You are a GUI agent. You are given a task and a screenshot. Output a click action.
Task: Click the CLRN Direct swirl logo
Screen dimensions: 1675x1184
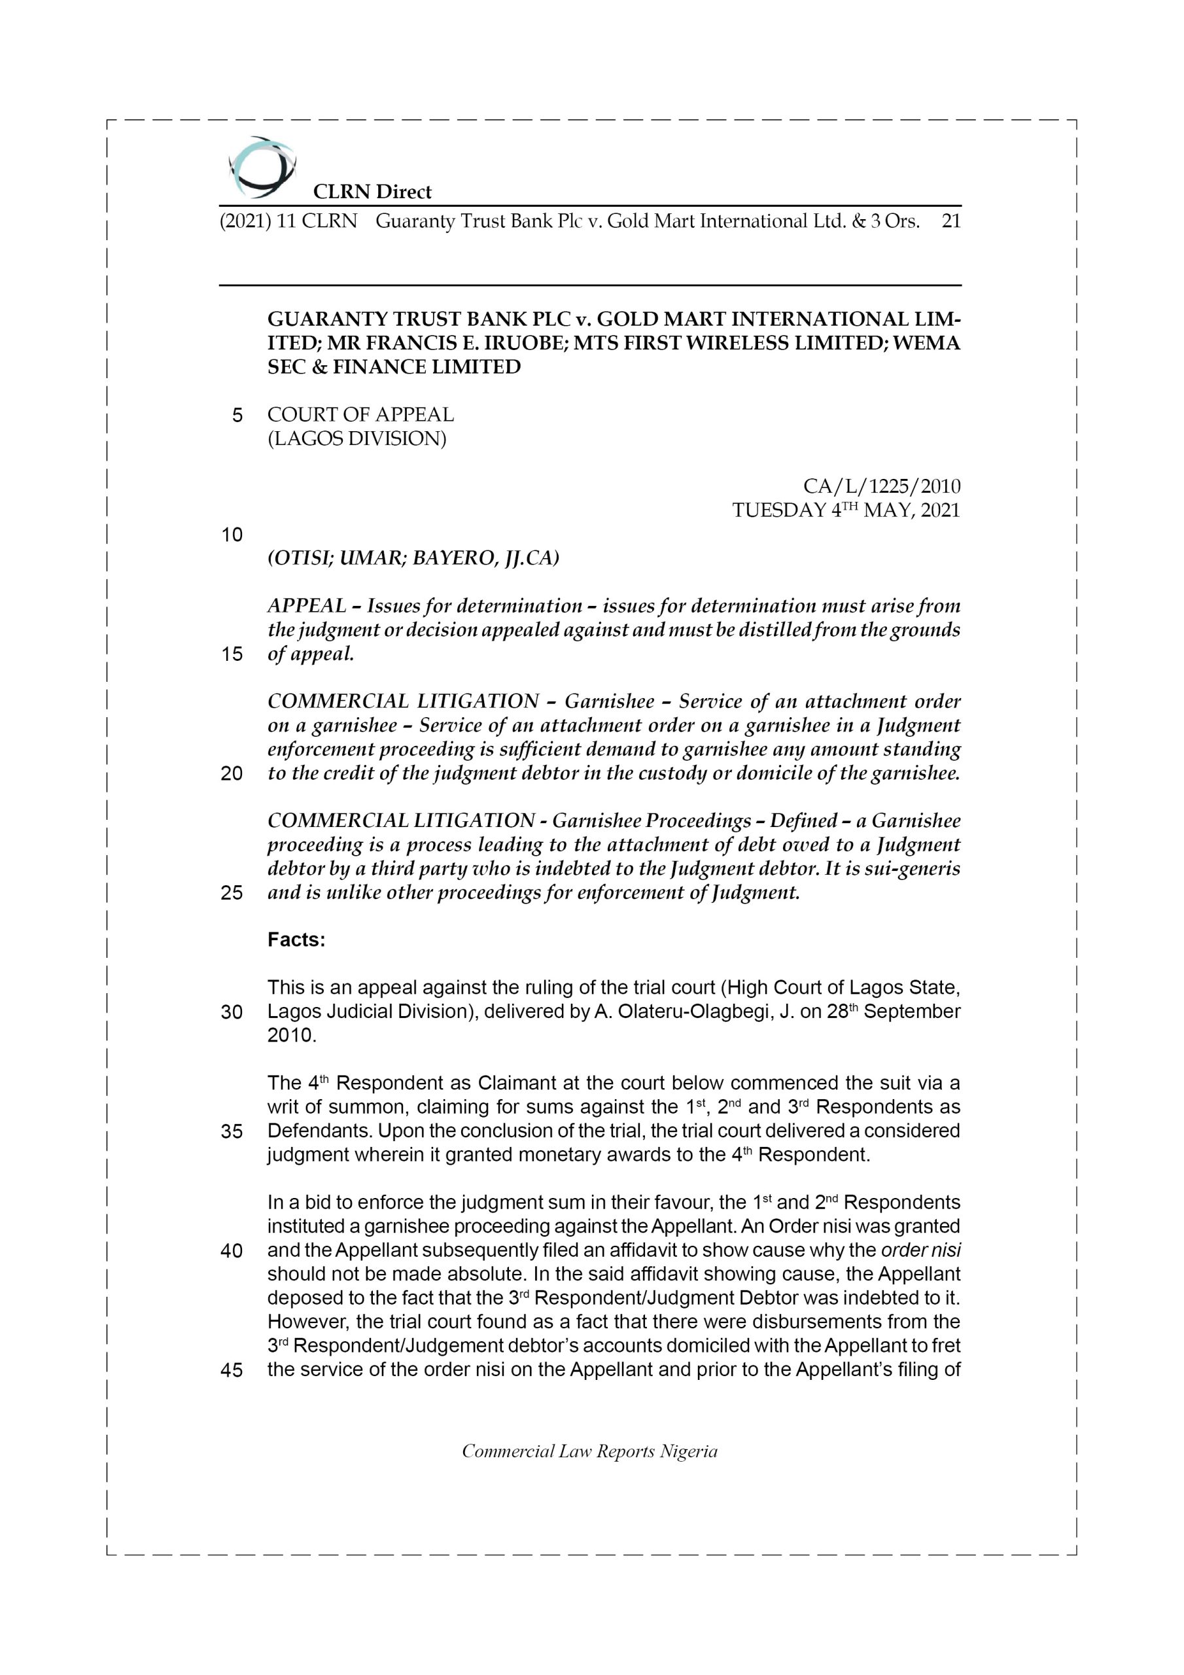tap(262, 167)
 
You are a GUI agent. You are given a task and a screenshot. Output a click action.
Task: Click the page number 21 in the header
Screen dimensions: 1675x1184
tap(950, 221)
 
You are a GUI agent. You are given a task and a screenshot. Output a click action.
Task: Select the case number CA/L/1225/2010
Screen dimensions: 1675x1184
tap(881, 486)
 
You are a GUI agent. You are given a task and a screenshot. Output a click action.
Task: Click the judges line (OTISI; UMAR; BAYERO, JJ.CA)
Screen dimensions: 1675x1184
tap(413, 558)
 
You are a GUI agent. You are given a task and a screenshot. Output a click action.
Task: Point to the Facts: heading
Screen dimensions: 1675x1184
tap(296, 940)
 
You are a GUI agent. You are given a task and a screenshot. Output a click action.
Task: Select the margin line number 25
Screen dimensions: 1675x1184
tap(232, 893)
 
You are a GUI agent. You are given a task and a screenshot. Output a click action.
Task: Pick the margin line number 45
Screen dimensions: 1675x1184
tap(232, 1370)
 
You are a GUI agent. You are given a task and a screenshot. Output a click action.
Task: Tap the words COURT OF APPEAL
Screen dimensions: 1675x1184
tap(360, 414)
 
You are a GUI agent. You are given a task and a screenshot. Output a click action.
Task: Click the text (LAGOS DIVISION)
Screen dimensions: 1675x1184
tap(357, 438)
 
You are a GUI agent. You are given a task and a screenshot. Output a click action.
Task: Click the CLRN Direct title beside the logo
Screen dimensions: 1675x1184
tap(372, 192)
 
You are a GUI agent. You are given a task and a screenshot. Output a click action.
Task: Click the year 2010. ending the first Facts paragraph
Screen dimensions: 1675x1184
tap(292, 1036)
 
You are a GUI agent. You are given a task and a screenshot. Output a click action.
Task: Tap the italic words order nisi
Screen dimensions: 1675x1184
tap(920, 1250)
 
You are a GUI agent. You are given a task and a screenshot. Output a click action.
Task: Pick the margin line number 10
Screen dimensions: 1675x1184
tap(232, 535)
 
